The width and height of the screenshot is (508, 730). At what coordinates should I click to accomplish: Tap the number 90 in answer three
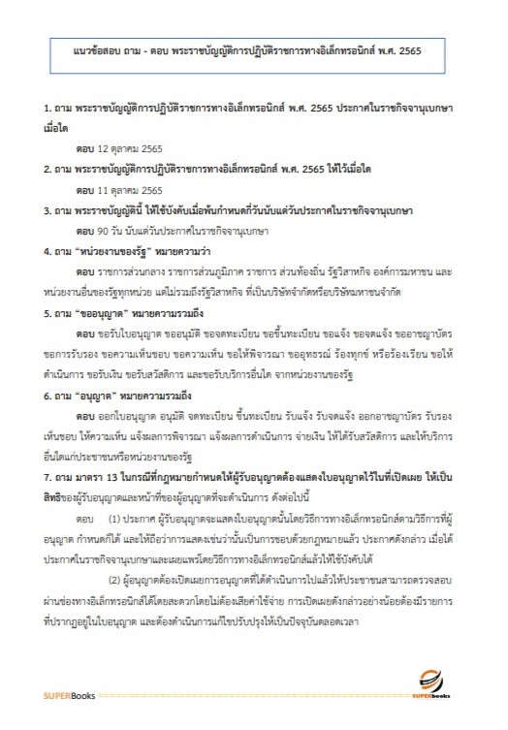click(106, 231)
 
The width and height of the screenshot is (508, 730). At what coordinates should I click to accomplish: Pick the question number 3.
click(48, 210)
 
